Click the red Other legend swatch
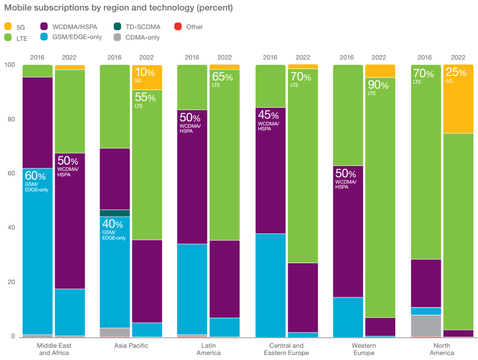point(178,27)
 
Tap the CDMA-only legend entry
point(142,37)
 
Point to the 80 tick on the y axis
point(10,120)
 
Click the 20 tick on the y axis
point(10,282)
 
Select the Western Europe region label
point(363,349)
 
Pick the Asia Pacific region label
point(131,345)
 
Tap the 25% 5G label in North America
point(456,75)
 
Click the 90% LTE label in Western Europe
point(378,87)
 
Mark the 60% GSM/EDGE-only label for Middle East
point(36,180)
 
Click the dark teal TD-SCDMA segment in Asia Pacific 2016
point(115,213)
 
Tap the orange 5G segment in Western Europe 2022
point(380,71)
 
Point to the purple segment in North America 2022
point(458,333)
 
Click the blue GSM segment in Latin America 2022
point(224,327)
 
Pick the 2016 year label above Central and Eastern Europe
point(270,57)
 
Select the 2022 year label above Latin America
point(224,57)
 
